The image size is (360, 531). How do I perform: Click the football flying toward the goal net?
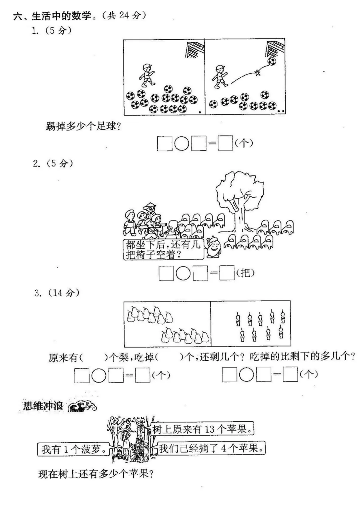[272, 61]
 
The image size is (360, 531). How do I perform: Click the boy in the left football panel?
[146, 75]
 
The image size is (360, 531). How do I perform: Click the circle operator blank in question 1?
[182, 144]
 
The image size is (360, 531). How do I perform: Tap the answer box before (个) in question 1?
[225, 144]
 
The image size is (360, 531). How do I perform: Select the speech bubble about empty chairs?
[163, 249]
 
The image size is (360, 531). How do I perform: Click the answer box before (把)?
[227, 273]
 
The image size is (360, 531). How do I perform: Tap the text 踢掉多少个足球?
[83, 126]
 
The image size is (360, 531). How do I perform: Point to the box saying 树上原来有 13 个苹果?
[203, 429]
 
